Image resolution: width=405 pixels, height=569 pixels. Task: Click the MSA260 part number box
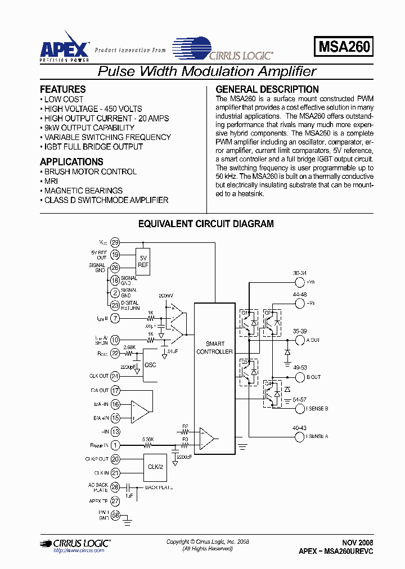pyautogui.click(x=344, y=47)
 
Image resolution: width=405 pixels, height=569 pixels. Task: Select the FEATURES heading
pyautogui.click(x=63, y=89)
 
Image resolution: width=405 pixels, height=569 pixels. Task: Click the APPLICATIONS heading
pyautogui.click(x=71, y=162)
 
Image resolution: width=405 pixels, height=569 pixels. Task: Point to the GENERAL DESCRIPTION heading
pyautogui.click(x=267, y=89)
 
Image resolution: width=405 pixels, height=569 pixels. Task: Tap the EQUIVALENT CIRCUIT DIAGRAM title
pyautogui.click(x=206, y=224)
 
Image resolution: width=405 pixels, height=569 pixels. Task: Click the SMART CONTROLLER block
pyautogui.click(x=214, y=347)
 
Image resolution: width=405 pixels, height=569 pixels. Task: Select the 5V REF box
pyautogui.click(x=143, y=262)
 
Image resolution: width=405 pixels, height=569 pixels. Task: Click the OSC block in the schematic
pyautogui.click(x=150, y=364)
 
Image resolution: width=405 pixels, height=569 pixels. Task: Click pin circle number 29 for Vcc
pyautogui.click(x=115, y=243)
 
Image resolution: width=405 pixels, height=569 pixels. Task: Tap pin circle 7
pyautogui.click(x=115, y=319)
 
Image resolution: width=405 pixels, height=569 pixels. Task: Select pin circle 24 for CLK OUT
pyautogui.click(x=115, y=376)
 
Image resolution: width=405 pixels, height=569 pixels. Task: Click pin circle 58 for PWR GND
pyautogui.click(x=115, y=516)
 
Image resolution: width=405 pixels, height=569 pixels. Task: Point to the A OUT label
pyautogui.click(x=313, y=340)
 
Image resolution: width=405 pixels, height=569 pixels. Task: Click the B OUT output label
pyautogui.click(x=313, y=377)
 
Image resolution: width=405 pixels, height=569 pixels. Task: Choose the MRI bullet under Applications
pyautogui.click(x=51, y=181)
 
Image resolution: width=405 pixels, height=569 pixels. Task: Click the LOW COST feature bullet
pyautogui.click(x=64, y=100)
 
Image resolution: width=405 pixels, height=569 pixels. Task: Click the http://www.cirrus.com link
pyautogui.click(x=79, y=550)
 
